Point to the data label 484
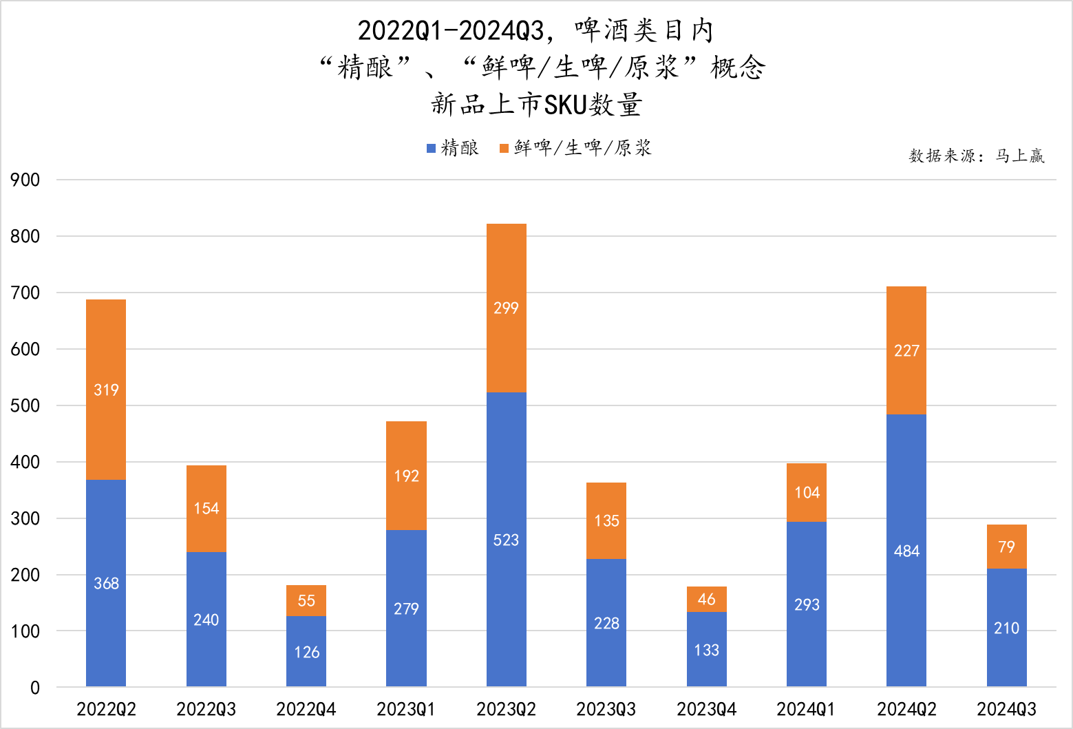pyautogui.click(x=906, y=551)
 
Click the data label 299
pyautogui.click(x=506, y=308)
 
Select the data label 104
pyautogui.click(x=807, y=493)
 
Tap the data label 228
pyautogui.click(x=606, y=624)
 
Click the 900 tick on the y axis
pyautogui.click(x=25, y=180)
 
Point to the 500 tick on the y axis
pyautogui.click(x=25, y=405)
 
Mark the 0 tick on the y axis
pyautogui.click(x=34, y=688)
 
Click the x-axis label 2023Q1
pyautogui.click(x=406, y=709)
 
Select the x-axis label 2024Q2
pyautogui.click(x=906, y=709)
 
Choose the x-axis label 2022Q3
pyautogui.click(x=206, y=709)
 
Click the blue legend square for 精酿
pyautogui.click(x=432, y=148)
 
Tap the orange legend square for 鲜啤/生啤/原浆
pyautogui.click(x=504, y=148)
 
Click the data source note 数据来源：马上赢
pyautogui.click(x=977, y=156)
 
